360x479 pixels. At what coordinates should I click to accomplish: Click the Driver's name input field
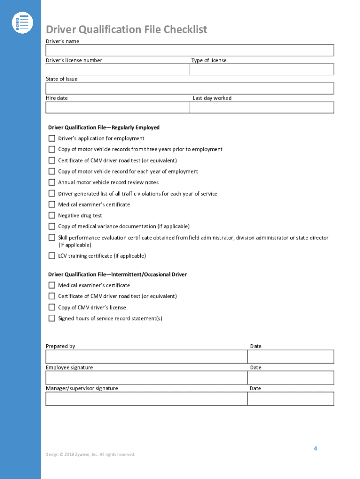pyautogui.click(x=189, y=51)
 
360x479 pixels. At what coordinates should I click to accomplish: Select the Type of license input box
pyautogui.click(x=261, y=69)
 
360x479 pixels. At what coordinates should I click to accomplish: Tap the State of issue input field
pyautogui.click(x=189, y=88)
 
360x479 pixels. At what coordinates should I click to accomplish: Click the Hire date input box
pyautogui.click(x=117, y=107)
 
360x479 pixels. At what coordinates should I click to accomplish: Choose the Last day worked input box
pyautogui.click(x=261, y=107)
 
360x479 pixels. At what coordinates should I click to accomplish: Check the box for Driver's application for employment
pyautogui.click(x=52, y=138)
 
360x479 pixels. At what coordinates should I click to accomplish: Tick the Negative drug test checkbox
pyautogui.click(x=52, y=216)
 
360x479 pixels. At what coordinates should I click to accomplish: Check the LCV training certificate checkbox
pyautogui.click(x=52, y=256)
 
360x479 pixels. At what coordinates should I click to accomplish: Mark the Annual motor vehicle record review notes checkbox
pyautogui.click(x=52, y=182)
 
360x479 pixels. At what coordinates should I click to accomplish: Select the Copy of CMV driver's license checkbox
pyautogui.click(x=52, y=307)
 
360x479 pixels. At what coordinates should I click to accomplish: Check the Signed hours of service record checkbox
pyautogui.click(x=52, y=319)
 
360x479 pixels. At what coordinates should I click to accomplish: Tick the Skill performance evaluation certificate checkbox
pyautogui.click(x=52, y=238)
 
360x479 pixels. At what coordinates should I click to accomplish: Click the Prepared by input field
pyautogui.click(x=146, y=356)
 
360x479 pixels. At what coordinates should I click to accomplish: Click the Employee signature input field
pyautogui.click(x=146, y=377)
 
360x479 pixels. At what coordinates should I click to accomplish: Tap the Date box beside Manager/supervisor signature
pyautogui.click(x=290, y=399)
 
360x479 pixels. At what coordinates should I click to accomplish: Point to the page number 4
pyautogui.click(x=315, y=448)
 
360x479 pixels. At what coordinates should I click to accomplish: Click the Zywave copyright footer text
pyautogui.click(x=90, y=454)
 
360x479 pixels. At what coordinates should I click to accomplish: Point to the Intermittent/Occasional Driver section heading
pyautogui.click(x=117, y=275)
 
